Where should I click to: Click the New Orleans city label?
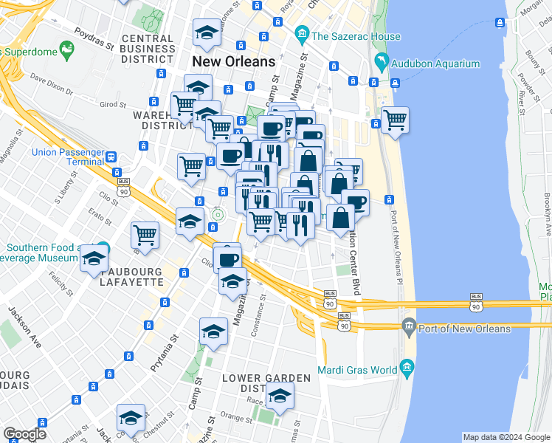pos(233,61)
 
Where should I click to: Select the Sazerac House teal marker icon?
pos(301,34)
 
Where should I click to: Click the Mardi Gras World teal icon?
pos(406,368)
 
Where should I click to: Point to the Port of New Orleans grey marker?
pos(408,327)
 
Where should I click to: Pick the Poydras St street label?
pos(94,36)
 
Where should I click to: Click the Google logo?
pos(24,434)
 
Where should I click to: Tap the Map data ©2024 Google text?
pos(506,437)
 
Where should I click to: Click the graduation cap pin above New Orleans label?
pos(206,32)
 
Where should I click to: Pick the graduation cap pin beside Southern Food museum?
pos(94,258)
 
